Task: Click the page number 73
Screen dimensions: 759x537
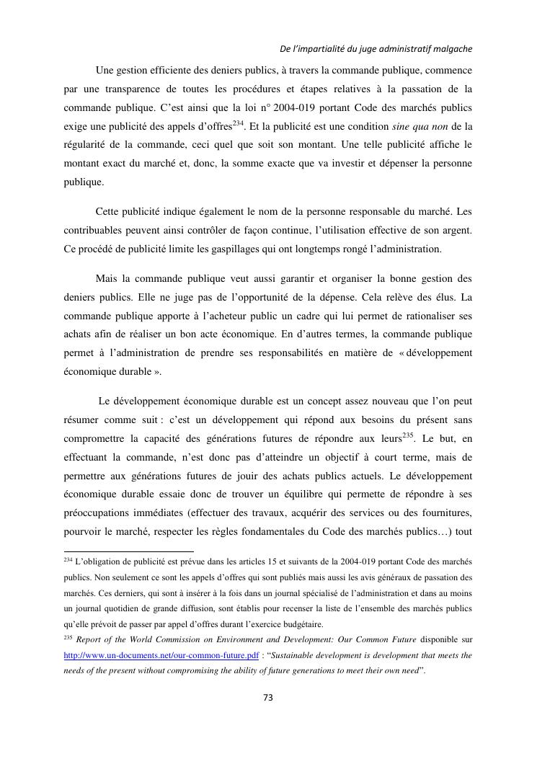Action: pos(267,697)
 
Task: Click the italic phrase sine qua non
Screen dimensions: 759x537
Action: pos(424,127)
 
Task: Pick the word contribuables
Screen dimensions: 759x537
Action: pos(95,231)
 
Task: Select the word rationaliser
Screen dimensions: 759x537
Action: pos(424,316)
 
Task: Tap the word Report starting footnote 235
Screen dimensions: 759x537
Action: pos(90,640)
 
